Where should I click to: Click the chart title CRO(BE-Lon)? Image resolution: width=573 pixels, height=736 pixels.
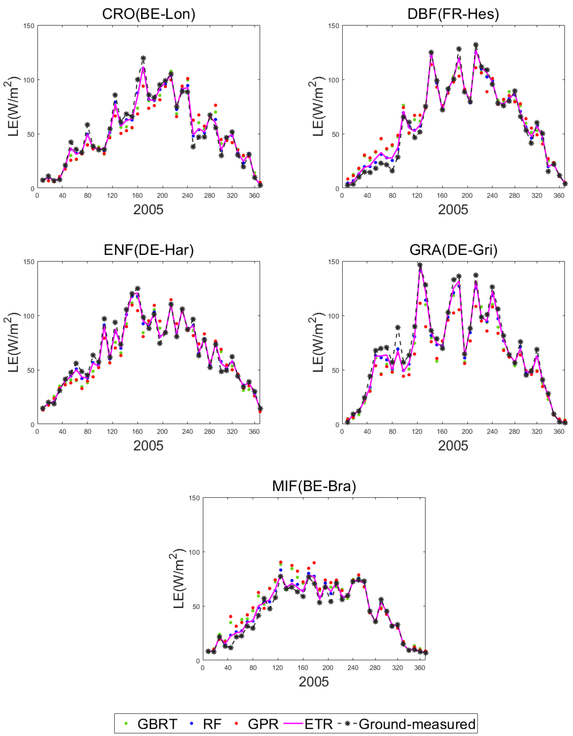[x=149, y=14]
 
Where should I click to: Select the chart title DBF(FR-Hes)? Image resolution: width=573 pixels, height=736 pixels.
[x=453, y=14]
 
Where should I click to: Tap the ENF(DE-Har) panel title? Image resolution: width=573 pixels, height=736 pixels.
[x=149, y=250]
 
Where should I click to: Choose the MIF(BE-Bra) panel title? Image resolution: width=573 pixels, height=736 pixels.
[x=314, y=486]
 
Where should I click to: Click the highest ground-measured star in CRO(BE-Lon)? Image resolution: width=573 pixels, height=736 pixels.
[x=143, y=58]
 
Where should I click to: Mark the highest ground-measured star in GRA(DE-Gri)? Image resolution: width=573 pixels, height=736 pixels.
[x=420, y=265]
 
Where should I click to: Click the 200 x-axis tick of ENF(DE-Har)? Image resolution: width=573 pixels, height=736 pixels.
[x=162, y=432]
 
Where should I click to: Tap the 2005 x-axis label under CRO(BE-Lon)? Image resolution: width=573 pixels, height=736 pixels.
[x=148, y=210]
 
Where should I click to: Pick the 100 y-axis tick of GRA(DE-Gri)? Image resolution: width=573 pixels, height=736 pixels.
[x=334, y=316]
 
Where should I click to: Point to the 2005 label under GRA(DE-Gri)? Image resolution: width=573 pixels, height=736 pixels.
[x=453, y=446]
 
